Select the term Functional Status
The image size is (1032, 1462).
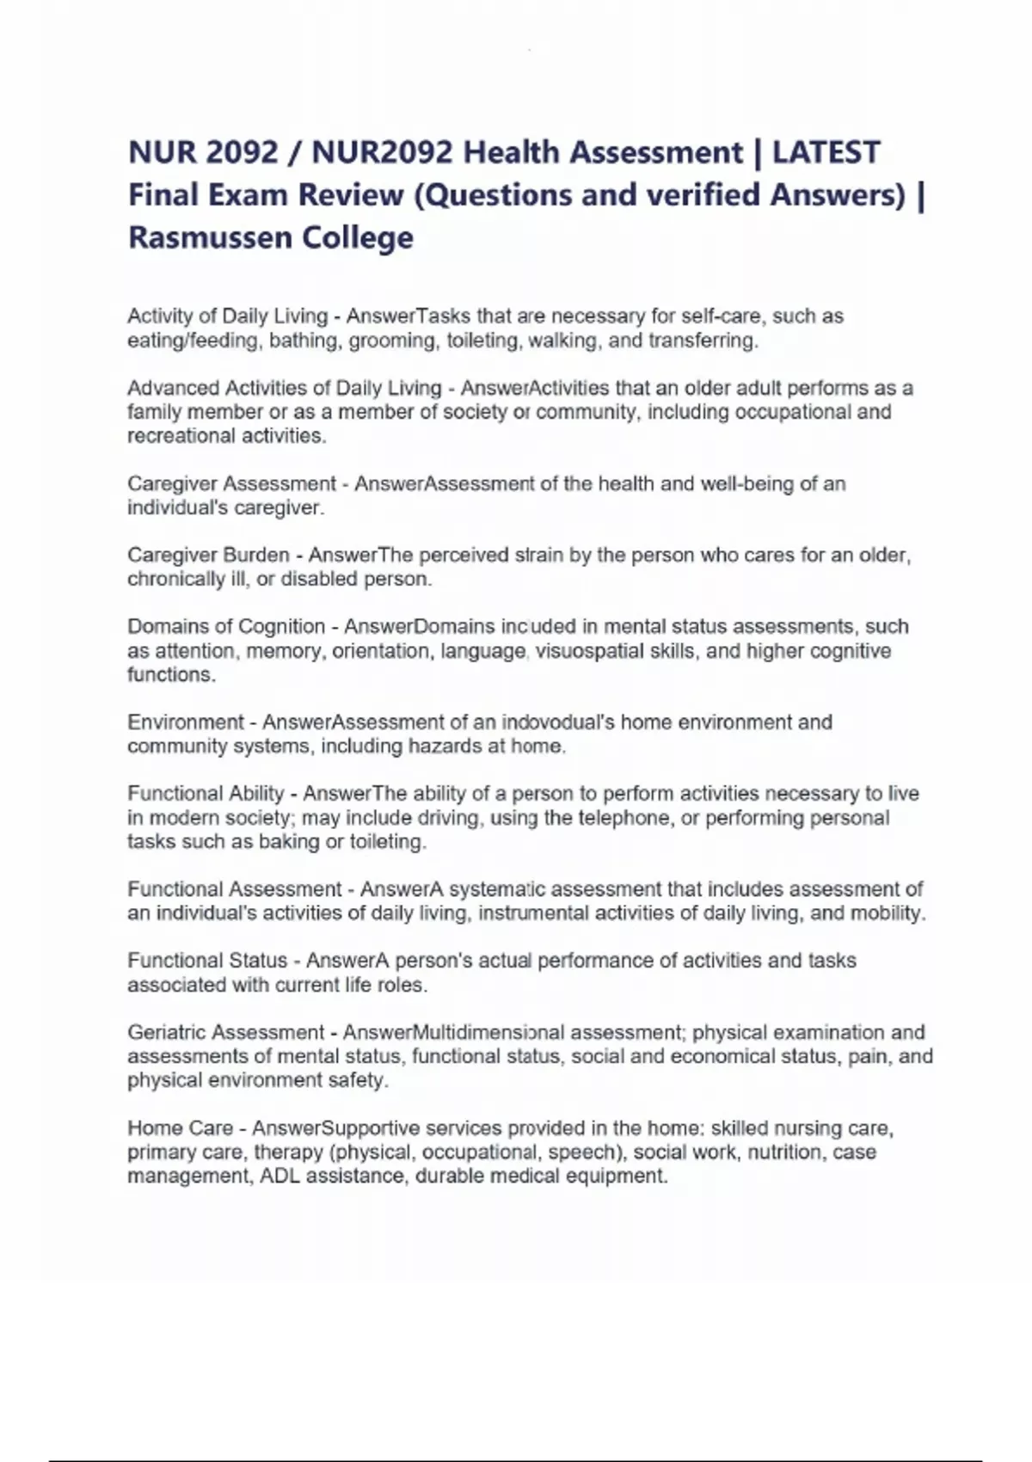pos(207,961)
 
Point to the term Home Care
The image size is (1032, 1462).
pos(180,1127)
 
